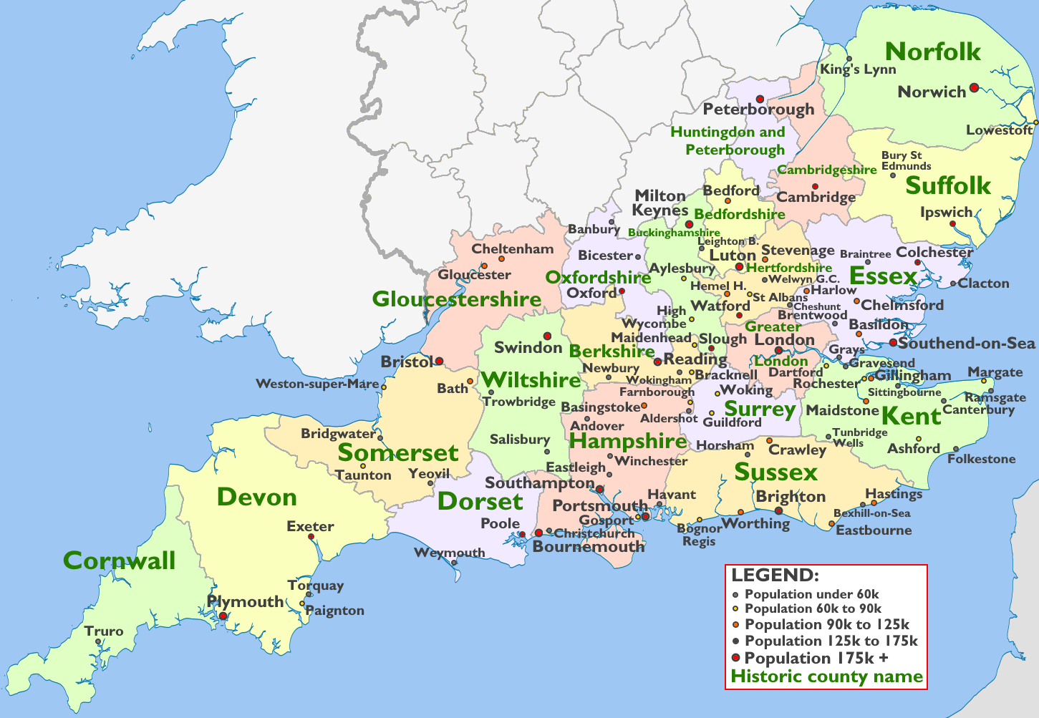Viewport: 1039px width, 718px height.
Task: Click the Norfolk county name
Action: [933, 52]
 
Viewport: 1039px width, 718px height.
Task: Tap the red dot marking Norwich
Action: [974, 88]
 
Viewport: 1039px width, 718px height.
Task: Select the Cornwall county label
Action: [119, 561]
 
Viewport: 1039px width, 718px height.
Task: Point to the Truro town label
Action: [104, 631]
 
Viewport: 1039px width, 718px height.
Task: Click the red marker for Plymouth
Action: [223, 616]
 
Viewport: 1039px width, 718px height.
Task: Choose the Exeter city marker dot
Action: [311, 537]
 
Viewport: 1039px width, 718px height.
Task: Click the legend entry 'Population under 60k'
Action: [811, 594]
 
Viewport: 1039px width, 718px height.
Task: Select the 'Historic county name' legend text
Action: [826, 676]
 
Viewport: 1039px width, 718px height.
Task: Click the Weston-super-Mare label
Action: [317, 384]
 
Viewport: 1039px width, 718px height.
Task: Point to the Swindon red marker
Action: [547, 336]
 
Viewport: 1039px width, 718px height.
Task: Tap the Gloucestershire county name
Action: [456, 299]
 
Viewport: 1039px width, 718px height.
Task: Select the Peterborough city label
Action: [758, 110]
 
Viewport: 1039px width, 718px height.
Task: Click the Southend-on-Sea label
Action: [967, 344]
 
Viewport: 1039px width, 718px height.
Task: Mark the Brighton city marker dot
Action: [779, 510]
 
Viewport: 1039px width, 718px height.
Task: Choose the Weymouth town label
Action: [449, 553]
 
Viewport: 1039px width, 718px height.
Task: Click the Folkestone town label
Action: [981, 459]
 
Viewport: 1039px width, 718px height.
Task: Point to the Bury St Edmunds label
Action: [906, 160]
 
